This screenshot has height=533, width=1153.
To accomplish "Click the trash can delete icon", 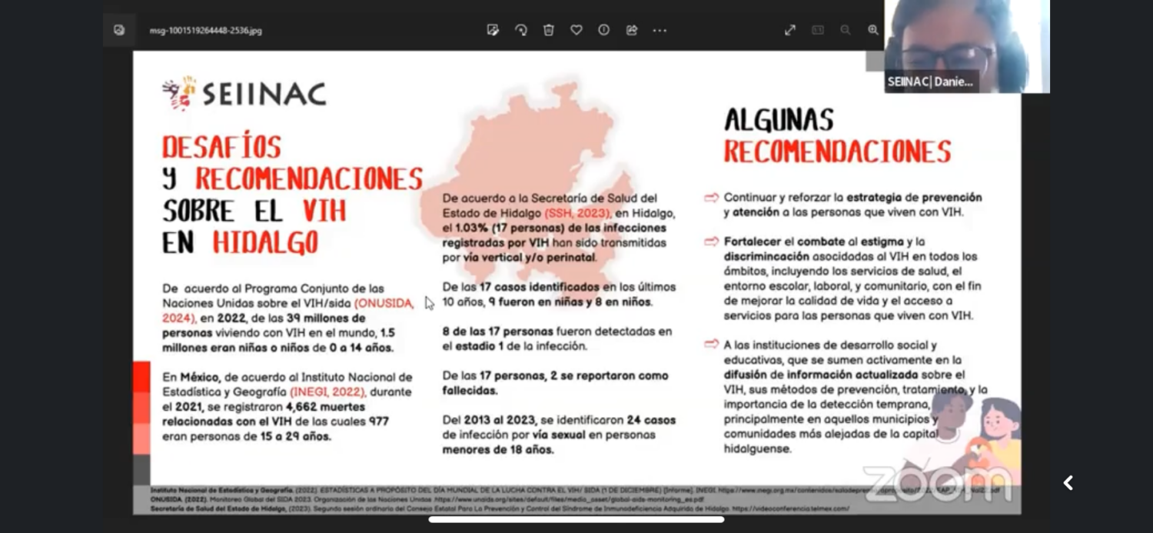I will pos(549,30).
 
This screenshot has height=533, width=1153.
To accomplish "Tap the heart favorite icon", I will pos(576,30).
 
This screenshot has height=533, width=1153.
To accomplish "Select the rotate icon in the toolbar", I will pos(521,30).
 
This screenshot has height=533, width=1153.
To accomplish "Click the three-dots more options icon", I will pos(660,30).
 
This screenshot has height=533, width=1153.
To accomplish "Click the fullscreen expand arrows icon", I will pos(790,30).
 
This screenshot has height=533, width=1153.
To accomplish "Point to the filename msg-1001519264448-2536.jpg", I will pos(205,31).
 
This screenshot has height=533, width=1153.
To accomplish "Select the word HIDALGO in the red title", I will pos(265,242).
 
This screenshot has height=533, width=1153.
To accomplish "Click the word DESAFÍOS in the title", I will pos(221,146).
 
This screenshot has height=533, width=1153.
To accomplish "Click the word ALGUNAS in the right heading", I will pos(779,120).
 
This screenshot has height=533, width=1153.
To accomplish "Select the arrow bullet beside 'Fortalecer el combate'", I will pos(711,242).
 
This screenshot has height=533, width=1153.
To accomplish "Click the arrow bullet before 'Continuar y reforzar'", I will pos(711,198).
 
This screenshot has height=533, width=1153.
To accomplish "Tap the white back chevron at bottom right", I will pos(1068,483).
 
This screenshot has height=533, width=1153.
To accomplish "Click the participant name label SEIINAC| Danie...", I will pos(930,82).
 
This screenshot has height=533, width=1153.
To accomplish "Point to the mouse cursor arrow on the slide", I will pos(429,303).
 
